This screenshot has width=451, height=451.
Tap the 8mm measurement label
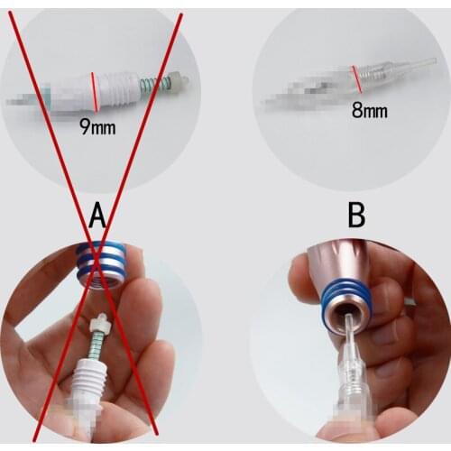click(x=369, y=111)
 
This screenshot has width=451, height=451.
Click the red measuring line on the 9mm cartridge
click(x=95, y=90)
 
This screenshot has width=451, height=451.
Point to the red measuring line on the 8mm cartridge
click(x=358, y=79)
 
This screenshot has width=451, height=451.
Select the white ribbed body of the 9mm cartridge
click(x=122, y=88)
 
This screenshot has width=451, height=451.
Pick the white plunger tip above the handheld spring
click(x=100, y=320)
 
